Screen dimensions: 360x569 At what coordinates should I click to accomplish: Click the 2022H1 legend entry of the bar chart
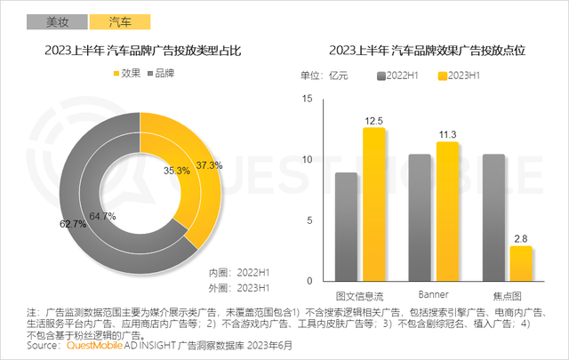(x=399, y=75)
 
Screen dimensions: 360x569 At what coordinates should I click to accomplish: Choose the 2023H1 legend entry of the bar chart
(x=459, y=75)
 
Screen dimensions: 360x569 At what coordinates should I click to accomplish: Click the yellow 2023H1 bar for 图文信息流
(x=373, y=204)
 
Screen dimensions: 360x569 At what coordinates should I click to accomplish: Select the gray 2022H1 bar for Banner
(x=419, y=218)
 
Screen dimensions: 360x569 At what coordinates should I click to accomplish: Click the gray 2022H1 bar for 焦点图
(x=494, y=218)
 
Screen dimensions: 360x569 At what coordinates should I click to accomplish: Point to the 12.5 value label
(x=373, y=119)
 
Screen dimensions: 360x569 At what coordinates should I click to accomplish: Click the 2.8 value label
(x=521, y=237)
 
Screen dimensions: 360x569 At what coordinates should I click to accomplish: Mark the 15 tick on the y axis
(x=308, y=99)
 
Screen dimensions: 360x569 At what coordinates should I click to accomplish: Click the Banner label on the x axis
(x=433, y=293)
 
